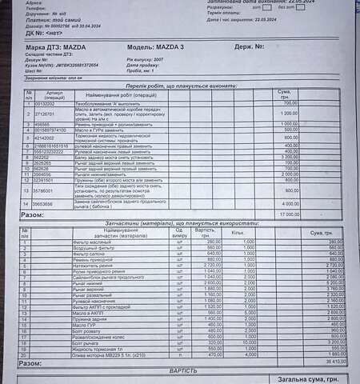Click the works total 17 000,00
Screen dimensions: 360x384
pyautogui.click(x=285, y=215)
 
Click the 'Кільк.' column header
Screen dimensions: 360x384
pyautogui.click(x=238, y=232)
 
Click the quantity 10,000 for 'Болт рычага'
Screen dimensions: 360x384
pyautogui.click(x=249, y=342)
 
